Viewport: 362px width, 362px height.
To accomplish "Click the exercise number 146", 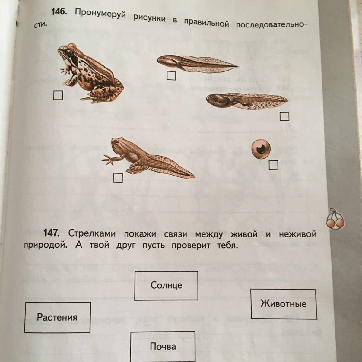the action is click(58, 12).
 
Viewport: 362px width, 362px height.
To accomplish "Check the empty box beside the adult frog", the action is click(58, 95).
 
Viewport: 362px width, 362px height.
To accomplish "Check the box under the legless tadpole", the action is click(171, 75).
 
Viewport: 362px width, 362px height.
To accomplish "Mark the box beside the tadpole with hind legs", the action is click(284, 116).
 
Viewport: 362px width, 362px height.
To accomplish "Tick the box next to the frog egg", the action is click(273, 165).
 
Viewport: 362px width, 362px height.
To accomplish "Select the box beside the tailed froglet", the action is click(118, 178).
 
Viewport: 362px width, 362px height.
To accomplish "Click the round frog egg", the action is click(261, 149).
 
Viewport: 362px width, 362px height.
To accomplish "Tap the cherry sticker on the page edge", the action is click(335, 219).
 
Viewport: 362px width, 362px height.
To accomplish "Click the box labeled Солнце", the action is click(166, 285).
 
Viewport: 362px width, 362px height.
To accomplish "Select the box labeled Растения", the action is click(57, 317).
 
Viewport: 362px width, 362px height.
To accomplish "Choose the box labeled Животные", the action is click(284, 304).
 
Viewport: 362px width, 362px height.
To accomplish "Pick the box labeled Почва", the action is click(163, 346).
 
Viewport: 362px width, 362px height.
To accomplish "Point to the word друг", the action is click(125, 245).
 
